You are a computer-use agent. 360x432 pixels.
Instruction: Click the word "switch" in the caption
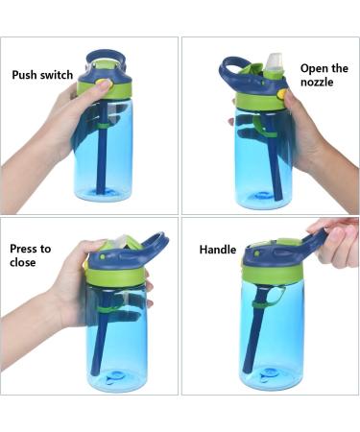coord(57,75)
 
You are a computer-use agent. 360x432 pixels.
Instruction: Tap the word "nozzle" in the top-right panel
coord(317,82)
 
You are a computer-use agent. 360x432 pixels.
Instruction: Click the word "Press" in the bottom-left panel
coord(23,249)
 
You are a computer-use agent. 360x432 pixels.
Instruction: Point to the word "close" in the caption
coord(22,262)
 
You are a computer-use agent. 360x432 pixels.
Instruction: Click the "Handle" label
coord(218,250)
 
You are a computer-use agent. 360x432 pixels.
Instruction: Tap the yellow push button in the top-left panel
coord(105,84)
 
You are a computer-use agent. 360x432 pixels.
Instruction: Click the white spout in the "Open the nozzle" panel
coord(273,62)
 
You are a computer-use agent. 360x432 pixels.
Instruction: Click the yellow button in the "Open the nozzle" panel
coord(282,94)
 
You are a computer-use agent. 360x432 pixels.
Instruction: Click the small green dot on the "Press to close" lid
coord(103,256)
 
